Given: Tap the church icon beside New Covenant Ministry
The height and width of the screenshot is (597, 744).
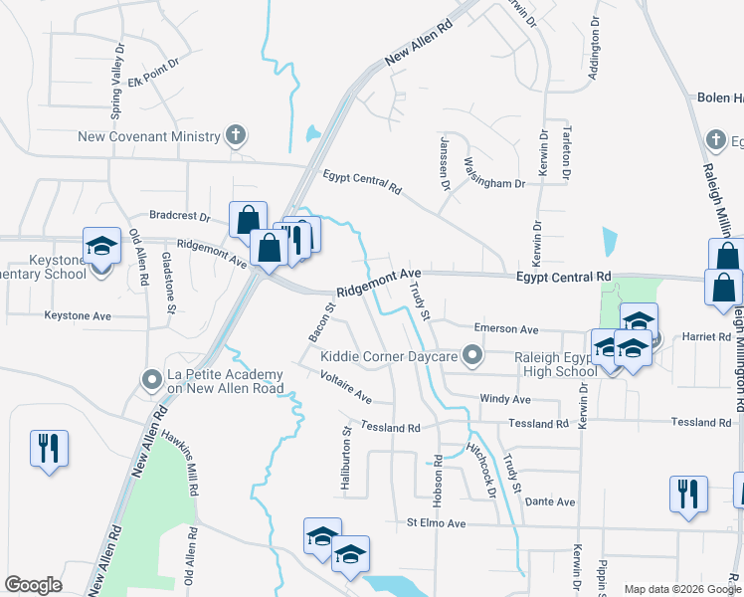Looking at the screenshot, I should tap(236, 134).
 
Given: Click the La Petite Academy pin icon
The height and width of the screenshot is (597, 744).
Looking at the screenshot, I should tap(151, 379).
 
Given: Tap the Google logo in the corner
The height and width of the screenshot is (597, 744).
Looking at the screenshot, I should tap(33, 585).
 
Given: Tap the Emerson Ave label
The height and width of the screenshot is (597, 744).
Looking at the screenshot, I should tap(505, 329).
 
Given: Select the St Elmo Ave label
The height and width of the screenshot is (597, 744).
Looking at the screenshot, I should tap(436, 522).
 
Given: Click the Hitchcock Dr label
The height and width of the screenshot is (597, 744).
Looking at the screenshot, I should tap(479, 470).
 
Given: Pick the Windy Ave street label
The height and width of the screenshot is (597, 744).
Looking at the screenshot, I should tap(505, 399).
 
